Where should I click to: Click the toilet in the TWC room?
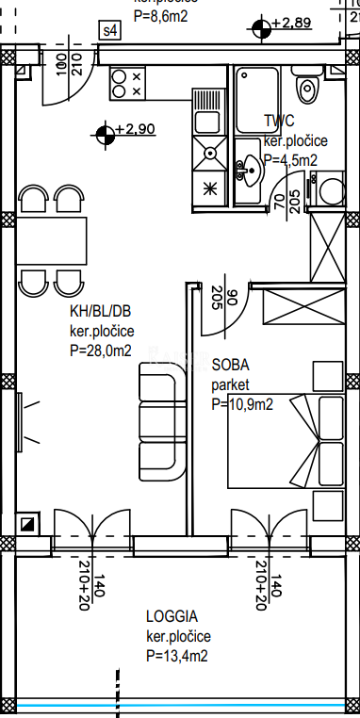[305, 90]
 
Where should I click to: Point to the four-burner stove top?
[128, 85]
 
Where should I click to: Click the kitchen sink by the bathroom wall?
[209, 155]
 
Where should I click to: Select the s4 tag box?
[111, 30]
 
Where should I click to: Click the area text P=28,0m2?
[100, 351]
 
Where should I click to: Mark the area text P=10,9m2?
[242, 405]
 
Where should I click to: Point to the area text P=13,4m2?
[177, 656]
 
